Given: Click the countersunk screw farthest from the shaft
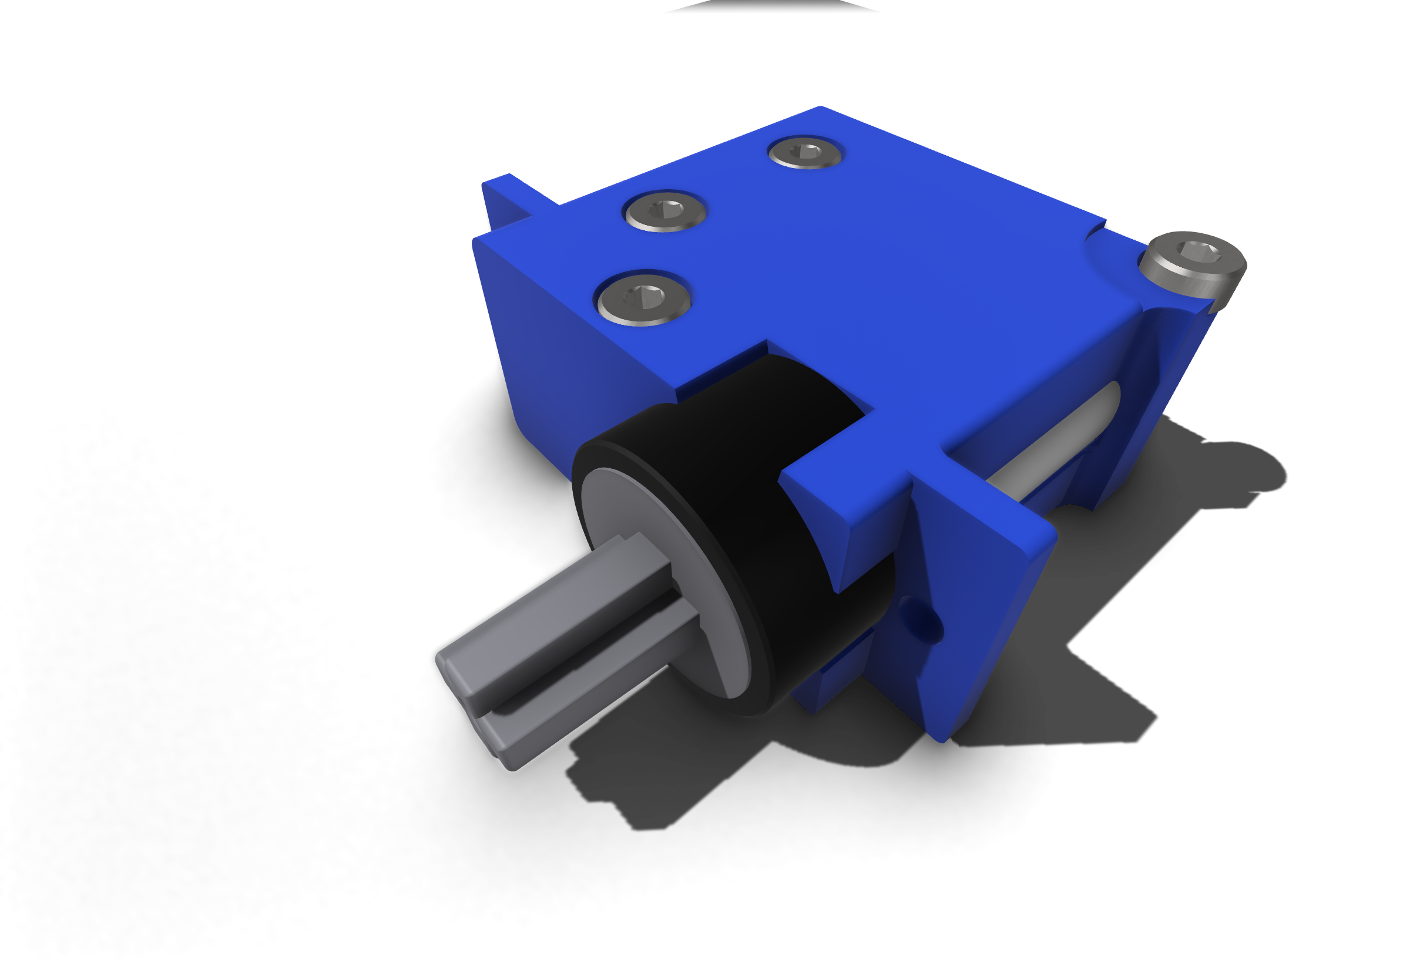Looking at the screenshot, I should pos(805,153).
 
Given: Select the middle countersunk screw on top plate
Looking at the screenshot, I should pos(665,212).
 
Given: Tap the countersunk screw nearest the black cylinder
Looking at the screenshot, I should pos(643,300).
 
